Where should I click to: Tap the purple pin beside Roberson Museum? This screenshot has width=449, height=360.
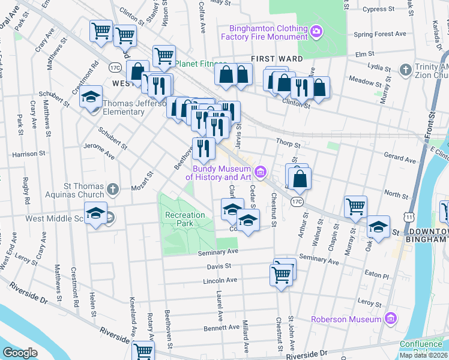[391, 317]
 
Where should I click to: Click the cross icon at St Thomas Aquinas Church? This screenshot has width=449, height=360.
[112, 190]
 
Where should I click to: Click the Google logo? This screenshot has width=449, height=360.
[20, 353]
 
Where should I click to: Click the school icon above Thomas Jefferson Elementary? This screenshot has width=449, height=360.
[91, 97]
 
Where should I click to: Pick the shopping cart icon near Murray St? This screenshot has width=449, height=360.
[355, 207]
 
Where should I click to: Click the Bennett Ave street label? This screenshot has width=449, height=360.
[221, 328]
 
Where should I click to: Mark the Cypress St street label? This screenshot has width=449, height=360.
[386, 9]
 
